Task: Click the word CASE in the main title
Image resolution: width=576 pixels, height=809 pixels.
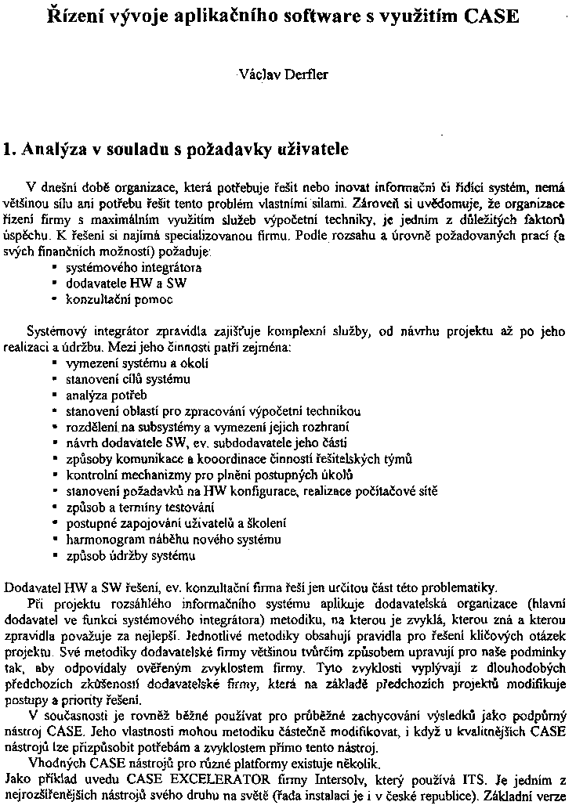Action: click(x=488, y=15)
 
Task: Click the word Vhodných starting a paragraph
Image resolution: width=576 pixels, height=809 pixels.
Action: click(x=53, y=764)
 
